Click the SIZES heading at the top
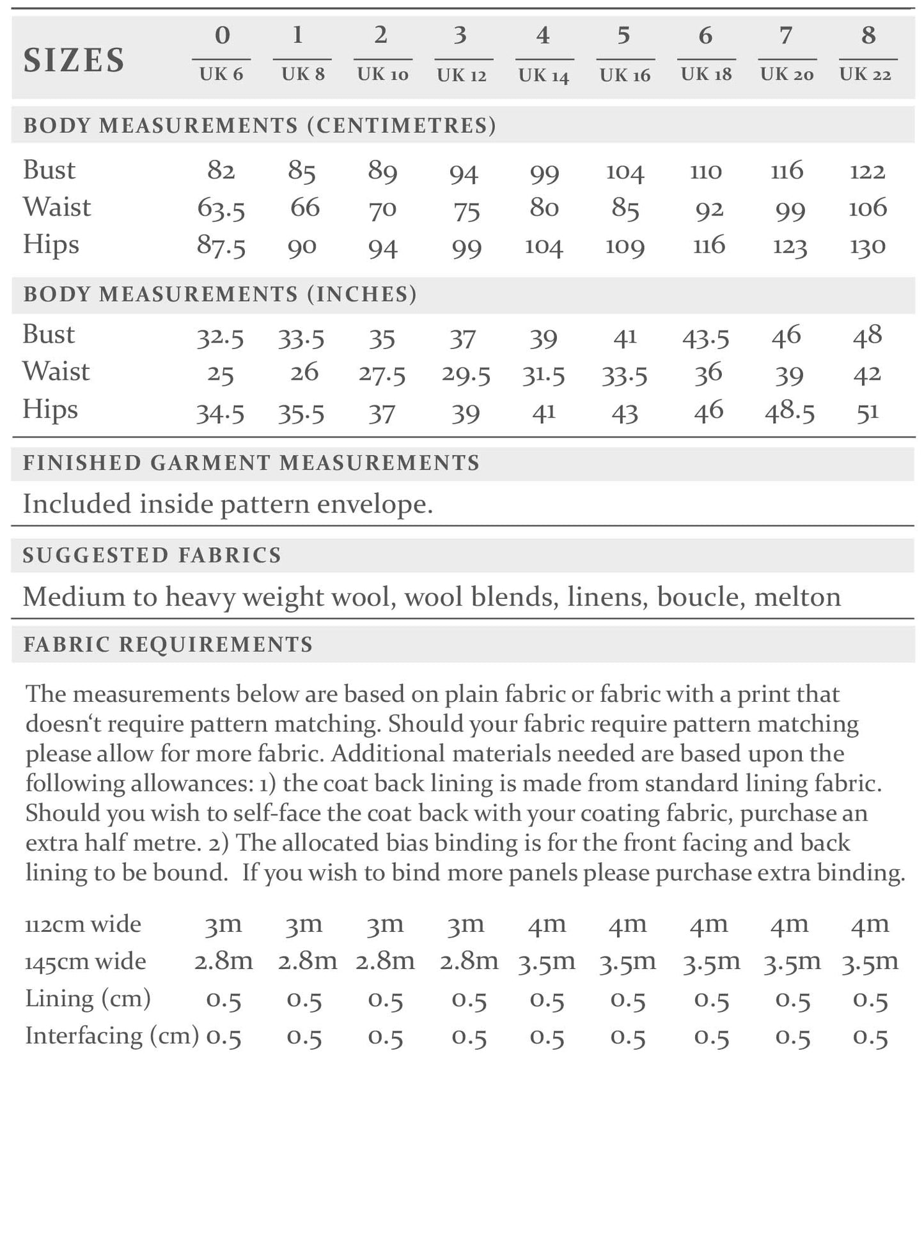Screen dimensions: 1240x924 pyautogui.click(x=74, y=60)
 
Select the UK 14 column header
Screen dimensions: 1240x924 pyautogui.click(x=544, y=75)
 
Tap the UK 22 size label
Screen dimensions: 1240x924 pyautogui.click(x=865, y=75)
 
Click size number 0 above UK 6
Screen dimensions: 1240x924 pyautogui.click(x=222, y=35)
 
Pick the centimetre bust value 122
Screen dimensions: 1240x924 pyautogui.click(x=867, y=171)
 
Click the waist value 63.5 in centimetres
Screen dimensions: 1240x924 pyautogui.click(x=221, y=209)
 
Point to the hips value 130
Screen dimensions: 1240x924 pyautogui.click(x=867, y=246)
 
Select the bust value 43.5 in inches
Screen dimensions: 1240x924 pyautogui.click(x=705, y=337)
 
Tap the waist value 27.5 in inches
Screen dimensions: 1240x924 pyautogui.click(x=382, y=374)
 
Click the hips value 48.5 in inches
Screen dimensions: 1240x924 pyautogui.click(x=790, y=412)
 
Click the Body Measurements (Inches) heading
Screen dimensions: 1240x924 pyautogui.click(x=220, y=294)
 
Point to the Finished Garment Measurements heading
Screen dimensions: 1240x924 pyautogui.click(x=251, y=463)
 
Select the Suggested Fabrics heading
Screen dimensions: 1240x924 pyautogui.click(x=152, y=555)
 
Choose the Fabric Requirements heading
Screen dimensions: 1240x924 pyautogui.click(x=168, y=644)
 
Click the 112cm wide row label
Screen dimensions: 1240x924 pyautogui.click(x=83, y=924)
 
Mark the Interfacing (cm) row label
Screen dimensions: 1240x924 pyautogui.click(x=112, y=1035)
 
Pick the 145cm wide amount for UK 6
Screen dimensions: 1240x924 pyautogui.click(x=223, y=961)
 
